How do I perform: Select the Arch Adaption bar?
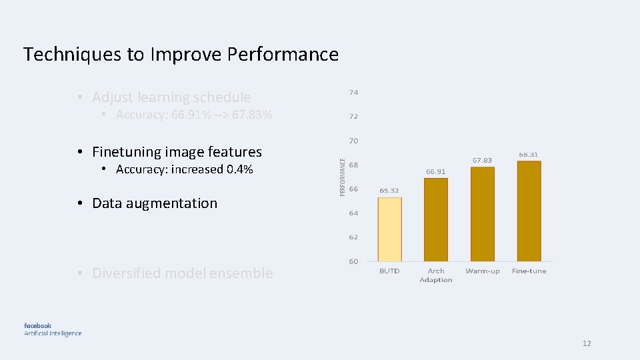(x=436, y=219)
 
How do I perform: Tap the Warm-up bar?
(x=483, y=213)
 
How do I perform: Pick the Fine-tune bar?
(x=529, y=211)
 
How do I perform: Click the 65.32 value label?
(x=389, y=191)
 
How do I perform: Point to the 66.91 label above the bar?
(x=436, y=171)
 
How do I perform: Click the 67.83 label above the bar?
(x=482, y=160)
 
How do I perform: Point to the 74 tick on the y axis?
(x=353, y=92)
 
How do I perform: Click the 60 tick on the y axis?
(x=353, y=261)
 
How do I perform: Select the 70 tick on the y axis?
(x=353, y=141)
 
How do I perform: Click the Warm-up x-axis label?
(x=483, y=271)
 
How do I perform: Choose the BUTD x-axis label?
(x=389, y=271)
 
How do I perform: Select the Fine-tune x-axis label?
(x=529, y=271)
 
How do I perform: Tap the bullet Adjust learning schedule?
(x=171, y=97)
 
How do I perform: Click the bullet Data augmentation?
(x=155, y=203)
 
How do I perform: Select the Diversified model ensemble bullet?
(x=182, y=273)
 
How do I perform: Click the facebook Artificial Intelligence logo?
(x=53, y=329)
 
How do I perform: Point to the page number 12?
(x=587, y=343)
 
